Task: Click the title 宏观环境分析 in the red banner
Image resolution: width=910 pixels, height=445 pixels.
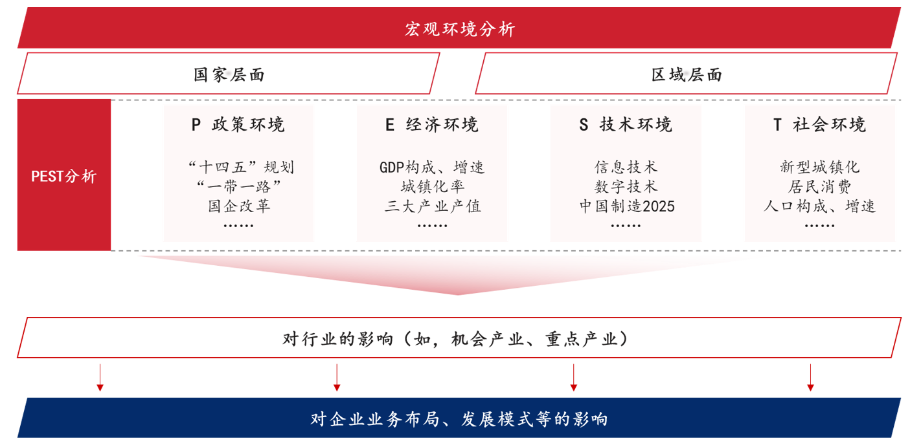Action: [460, 29]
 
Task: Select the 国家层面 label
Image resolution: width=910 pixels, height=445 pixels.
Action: [229, 74]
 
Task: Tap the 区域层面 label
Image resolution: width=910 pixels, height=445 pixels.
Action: [687, 74]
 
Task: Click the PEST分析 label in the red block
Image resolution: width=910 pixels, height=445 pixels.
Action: [63, 176]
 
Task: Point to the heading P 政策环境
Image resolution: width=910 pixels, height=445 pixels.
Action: [238, 125]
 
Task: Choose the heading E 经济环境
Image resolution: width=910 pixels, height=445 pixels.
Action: [431, 125]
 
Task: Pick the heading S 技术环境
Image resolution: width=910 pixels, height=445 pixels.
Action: [626, 125]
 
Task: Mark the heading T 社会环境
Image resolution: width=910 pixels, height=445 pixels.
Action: [819, 125]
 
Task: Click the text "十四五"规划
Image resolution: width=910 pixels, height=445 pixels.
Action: [240, 168]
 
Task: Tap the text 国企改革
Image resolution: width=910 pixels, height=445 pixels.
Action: [239, 206]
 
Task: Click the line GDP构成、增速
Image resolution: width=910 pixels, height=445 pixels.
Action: [432, 168]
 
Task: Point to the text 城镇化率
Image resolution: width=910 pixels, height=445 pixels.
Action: [432, 187]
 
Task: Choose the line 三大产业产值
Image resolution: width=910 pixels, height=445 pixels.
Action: [432, 206]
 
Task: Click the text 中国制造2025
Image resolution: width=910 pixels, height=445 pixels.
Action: [626, 206]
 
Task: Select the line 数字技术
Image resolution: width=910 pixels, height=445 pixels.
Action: [626, 187]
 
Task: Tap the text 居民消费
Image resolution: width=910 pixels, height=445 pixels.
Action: [820, 187]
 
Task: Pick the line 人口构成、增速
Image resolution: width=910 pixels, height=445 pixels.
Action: [820, 206]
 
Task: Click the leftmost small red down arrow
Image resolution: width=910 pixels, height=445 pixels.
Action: [100, 378]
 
